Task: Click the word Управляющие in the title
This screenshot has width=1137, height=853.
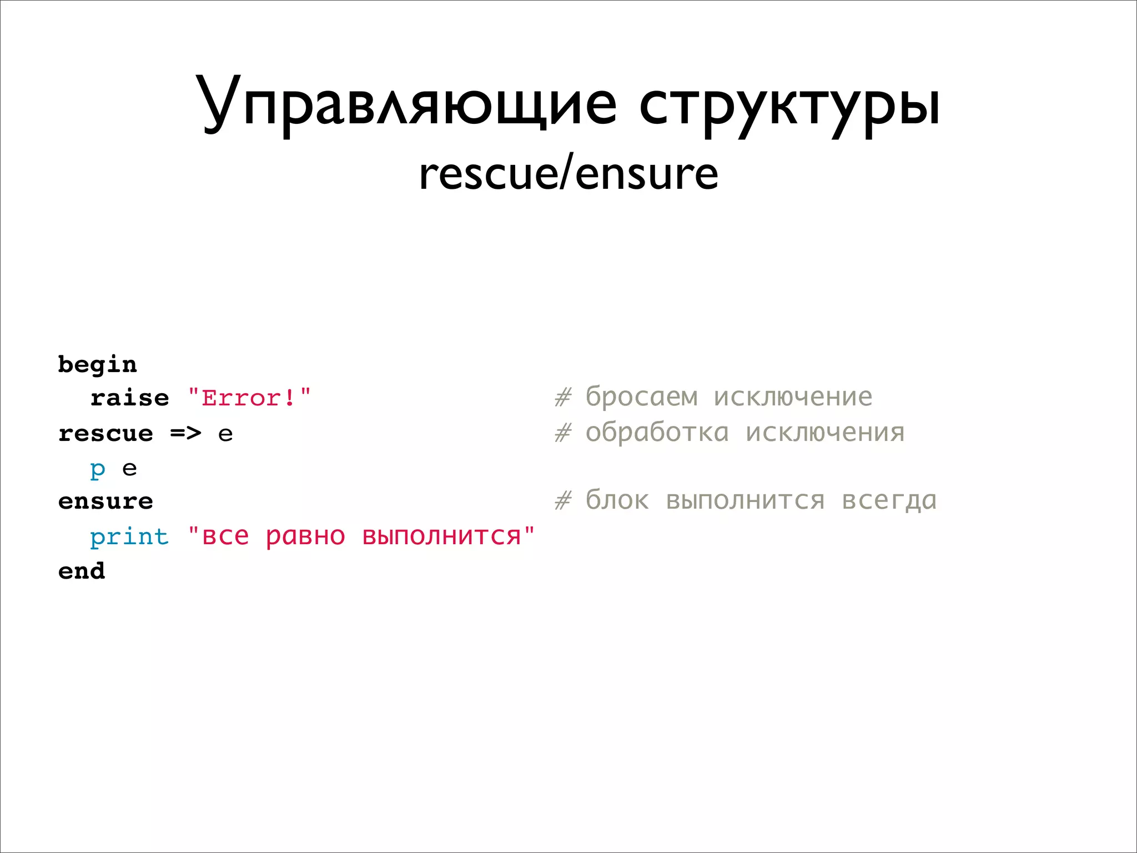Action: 406,104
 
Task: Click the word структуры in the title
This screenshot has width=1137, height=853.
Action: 789,104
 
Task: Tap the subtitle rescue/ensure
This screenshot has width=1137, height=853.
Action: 568,174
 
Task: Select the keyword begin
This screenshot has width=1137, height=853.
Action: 98,365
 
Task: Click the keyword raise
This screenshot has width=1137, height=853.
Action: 130,398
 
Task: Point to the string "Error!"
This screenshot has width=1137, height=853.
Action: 250,398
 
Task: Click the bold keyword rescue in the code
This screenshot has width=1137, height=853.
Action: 105,433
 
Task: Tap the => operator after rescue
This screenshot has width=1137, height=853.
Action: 185,433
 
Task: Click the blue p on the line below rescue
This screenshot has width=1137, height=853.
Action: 98,469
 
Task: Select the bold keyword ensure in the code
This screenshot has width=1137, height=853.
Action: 105,501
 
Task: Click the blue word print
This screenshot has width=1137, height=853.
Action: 129,536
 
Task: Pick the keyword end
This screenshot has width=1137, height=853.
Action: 82,571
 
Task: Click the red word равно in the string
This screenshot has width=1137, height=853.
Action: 305,536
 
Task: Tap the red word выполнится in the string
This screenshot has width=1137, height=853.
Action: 442,536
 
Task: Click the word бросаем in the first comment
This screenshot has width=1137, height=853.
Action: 642,397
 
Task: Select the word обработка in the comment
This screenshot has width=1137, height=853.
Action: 657,433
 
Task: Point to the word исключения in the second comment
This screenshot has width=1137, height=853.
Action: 825,433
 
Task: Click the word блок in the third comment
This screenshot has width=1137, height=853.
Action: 617,500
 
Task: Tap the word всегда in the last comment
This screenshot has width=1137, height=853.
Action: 889,500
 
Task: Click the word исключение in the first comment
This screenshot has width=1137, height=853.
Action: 793,397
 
